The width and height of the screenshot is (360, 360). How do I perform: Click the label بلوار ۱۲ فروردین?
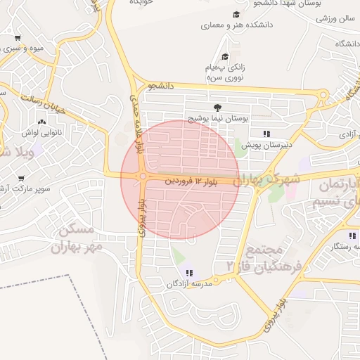coord(192,181)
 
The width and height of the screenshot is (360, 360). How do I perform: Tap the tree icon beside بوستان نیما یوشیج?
coord(218,108)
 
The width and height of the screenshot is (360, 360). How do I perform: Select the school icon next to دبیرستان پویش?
coord(266,133)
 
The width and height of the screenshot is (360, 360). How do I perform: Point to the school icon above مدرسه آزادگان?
coord(189,272)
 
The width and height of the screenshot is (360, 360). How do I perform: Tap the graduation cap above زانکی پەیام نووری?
coord(225,57)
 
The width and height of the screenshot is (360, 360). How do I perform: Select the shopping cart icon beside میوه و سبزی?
coord(18,38)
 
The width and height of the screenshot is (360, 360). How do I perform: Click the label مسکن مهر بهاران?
coord(76,238)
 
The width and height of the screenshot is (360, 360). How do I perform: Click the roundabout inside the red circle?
coord(143,176)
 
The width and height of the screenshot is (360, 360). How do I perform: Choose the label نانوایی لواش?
coord(44,131)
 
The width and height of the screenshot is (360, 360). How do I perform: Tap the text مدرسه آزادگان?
coord(188,284)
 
